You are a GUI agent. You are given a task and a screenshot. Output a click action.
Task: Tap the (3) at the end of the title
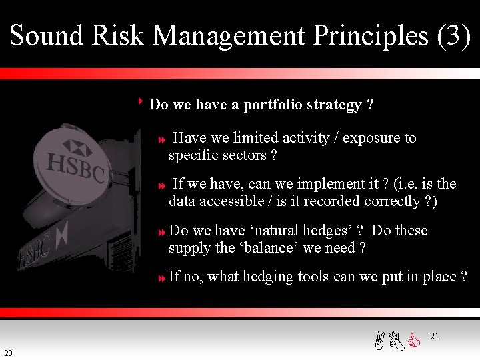click(x=453, y=35)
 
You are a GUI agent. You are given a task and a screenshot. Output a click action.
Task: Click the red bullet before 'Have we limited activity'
click(x=161, y=140)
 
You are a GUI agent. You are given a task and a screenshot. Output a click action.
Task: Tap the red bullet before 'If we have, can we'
click(x=161, y=186)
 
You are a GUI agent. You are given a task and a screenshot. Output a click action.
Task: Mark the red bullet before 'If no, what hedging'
click(x=161, y=279)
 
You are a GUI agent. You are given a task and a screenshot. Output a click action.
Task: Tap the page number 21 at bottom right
click(x=434, y=337)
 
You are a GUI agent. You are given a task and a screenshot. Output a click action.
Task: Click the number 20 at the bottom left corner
click(x=7, y=353)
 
